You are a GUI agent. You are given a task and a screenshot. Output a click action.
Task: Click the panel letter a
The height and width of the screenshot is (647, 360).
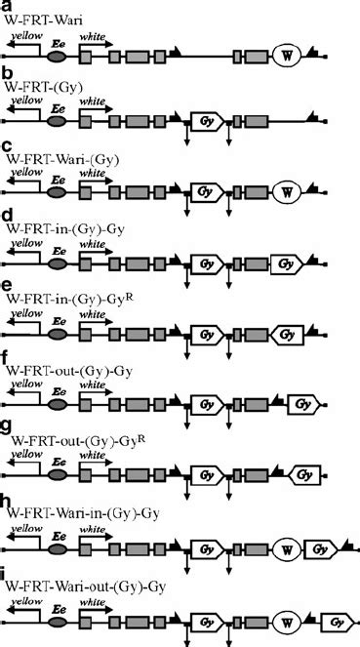7,6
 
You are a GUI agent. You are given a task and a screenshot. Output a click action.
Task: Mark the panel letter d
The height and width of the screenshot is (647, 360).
7,214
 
